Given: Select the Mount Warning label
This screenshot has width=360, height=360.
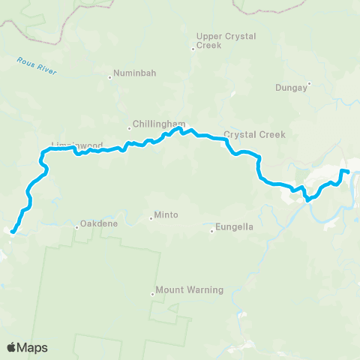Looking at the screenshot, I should pos(189,289).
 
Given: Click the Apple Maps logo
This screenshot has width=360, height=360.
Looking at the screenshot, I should pos(27,347).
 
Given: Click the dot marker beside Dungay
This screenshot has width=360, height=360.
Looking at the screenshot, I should pos(309,83).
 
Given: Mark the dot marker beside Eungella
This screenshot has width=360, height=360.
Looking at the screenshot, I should pos(212,230).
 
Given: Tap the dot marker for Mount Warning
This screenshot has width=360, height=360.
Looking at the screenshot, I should pos(153,295).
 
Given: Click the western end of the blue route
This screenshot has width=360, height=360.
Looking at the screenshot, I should pos(12,232).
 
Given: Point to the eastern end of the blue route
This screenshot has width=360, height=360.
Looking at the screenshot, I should pos(349,173).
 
